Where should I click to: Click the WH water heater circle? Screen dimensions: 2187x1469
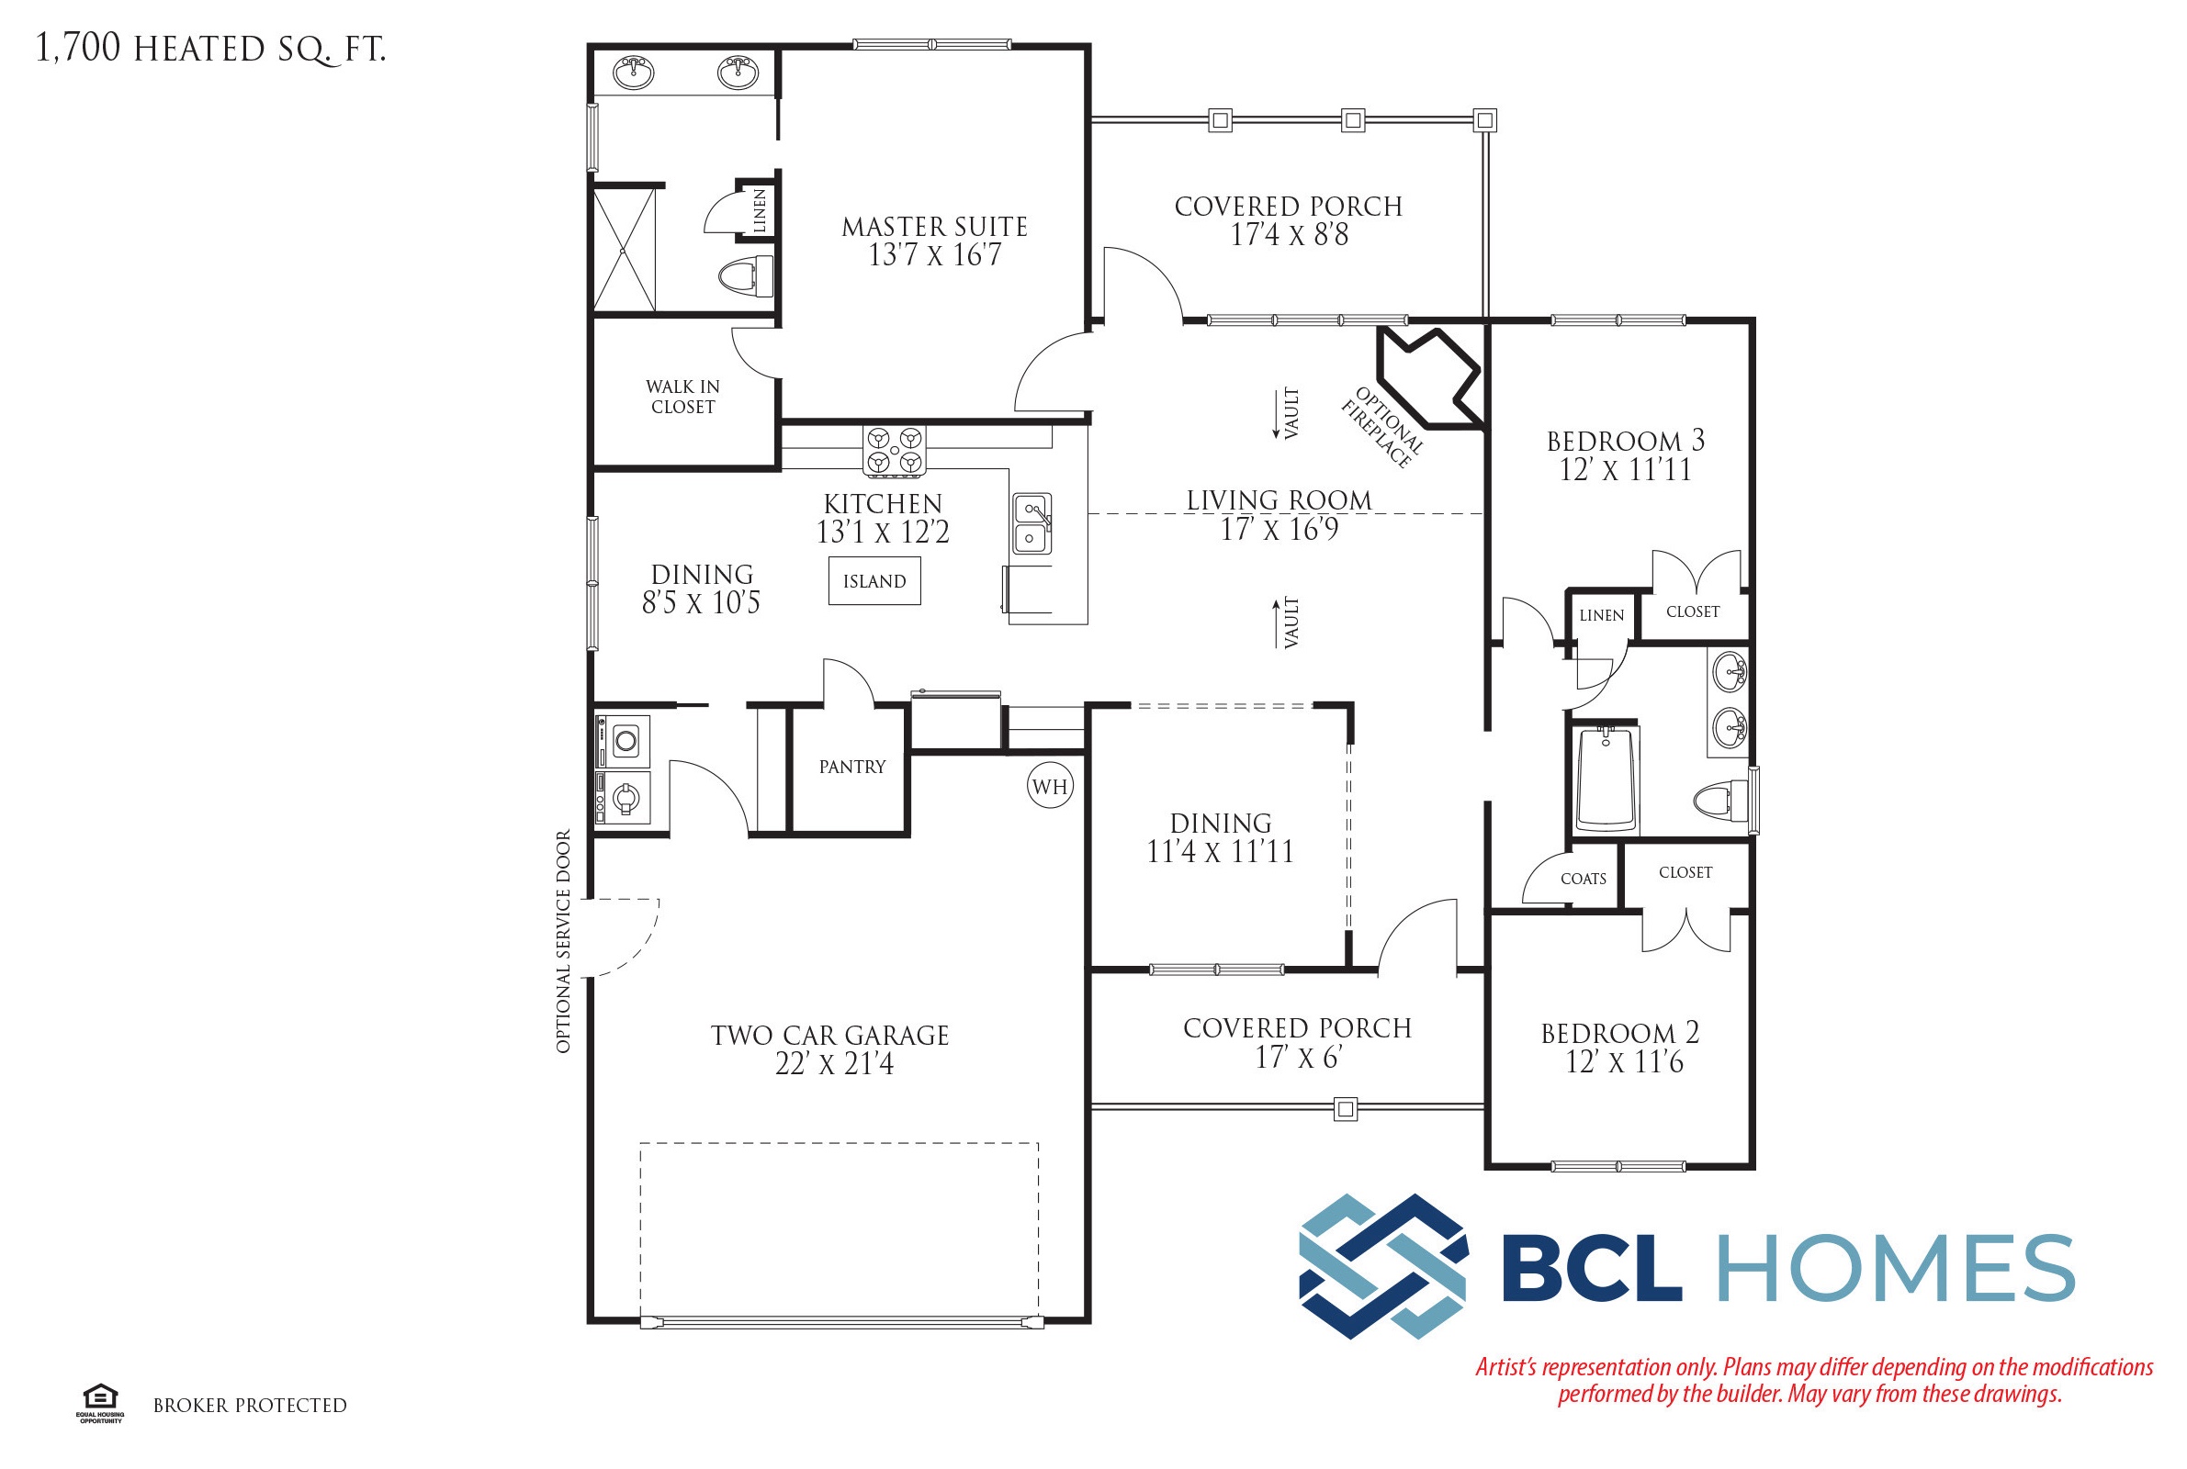click(1050, 786)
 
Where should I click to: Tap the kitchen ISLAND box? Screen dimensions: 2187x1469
click(874, 581)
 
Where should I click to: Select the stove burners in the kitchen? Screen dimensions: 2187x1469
click(894, 450)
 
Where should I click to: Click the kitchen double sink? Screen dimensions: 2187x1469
click(1031, 523)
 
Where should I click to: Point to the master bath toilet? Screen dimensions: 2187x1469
click(746, 275)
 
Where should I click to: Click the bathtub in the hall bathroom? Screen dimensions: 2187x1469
click(1606, 778)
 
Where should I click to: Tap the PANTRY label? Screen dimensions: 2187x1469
click(851, 767)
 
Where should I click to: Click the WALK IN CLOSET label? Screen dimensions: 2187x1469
click(683, 397)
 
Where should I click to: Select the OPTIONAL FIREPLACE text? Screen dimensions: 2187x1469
click(1382, 426)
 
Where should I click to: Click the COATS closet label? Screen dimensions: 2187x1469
click(1583, 879)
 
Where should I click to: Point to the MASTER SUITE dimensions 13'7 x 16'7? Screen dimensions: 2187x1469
click(934, 255)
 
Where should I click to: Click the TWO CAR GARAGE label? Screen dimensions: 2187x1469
click(829, 1036)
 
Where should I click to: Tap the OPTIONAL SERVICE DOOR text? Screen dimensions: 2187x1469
click(563, 942)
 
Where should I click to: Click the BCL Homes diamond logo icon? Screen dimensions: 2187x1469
click(1383, 1266)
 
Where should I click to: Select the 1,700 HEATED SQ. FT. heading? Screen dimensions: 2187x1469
click(211, 49)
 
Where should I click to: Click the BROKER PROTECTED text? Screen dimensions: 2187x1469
click(249, 1406)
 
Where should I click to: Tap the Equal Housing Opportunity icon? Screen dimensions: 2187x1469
click(100, 1404)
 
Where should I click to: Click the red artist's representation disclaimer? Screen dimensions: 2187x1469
click(1814, 1380)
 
